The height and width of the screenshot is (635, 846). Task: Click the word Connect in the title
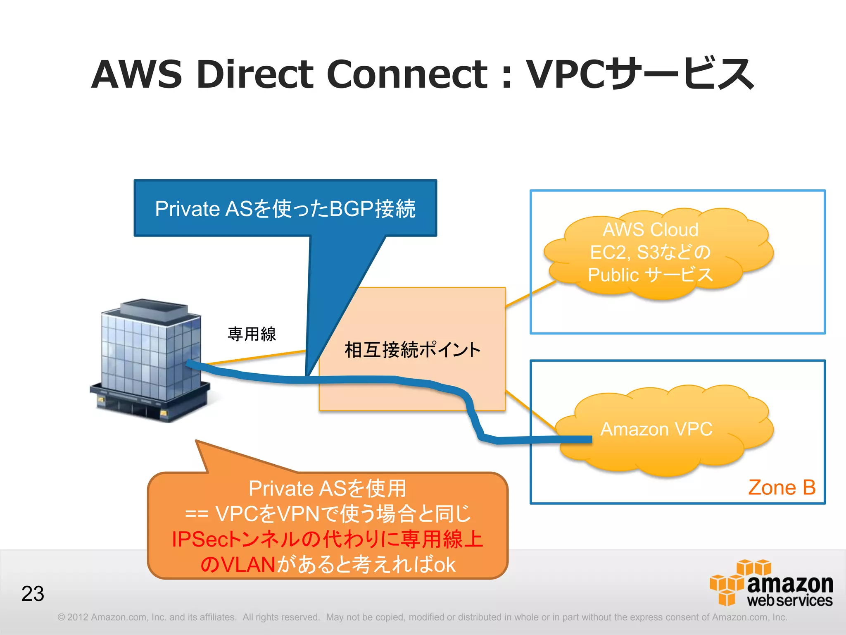pyautogui.click(x=407, y=74)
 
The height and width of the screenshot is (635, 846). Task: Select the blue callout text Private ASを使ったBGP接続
pyautogui.click(x=285, y=209)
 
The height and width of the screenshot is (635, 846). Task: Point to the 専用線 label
pyautogui.click(x=252, y=334)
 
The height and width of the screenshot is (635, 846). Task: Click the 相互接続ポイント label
pyautogui.click(x=412, y=350)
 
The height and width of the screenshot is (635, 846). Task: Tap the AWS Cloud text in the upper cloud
pyautogui.click(x=651, y=230)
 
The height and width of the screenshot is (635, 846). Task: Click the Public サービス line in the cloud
pyautogui.click(x=651, y=275)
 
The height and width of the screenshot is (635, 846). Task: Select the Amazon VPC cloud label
pyautogui.click(x=656, y=429)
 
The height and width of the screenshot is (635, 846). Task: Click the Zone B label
pyautogui.click(x=782, y=488)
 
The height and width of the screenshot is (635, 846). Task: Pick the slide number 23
pyautogui.click(x=33, y=594)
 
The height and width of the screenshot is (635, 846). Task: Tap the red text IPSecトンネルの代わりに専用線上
pyautogui.click(x=327, y=540)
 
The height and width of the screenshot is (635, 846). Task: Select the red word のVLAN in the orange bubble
pyautogui.click(x=238, y=565)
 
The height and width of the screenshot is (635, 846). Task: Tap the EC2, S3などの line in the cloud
pyautogui.click(x=651, y=252)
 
